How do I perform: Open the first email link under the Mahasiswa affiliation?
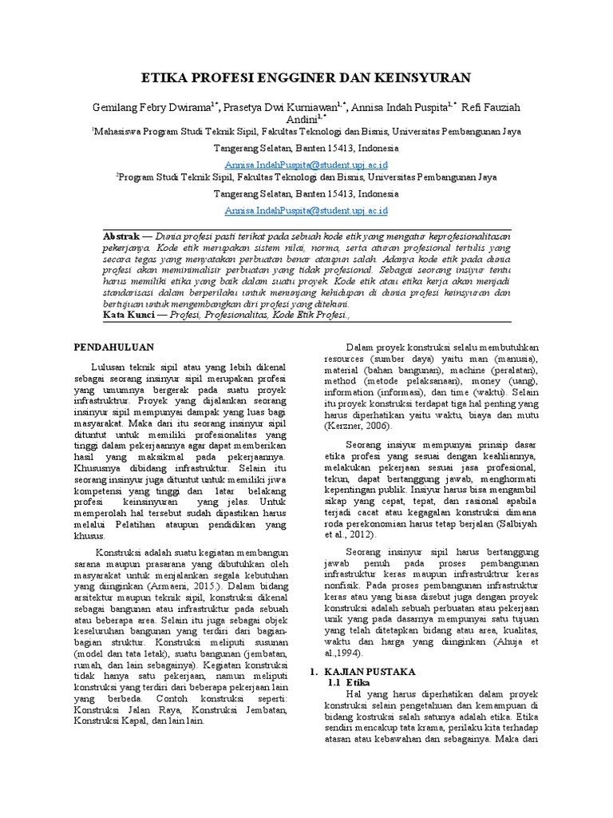coord(306,162)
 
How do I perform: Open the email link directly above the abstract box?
coord(306,210)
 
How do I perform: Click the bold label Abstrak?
coord(121,238)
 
